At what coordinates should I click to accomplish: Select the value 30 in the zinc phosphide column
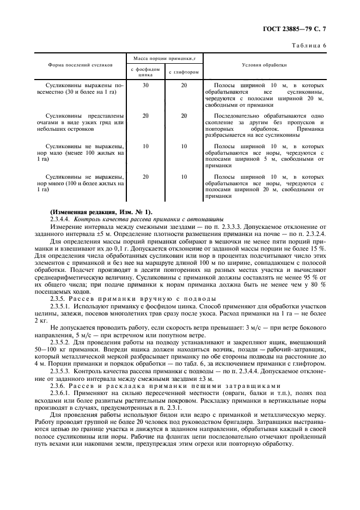145,86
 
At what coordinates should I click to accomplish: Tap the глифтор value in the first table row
184,86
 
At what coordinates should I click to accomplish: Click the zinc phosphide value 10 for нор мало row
145,147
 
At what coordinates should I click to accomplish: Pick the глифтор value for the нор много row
184,177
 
